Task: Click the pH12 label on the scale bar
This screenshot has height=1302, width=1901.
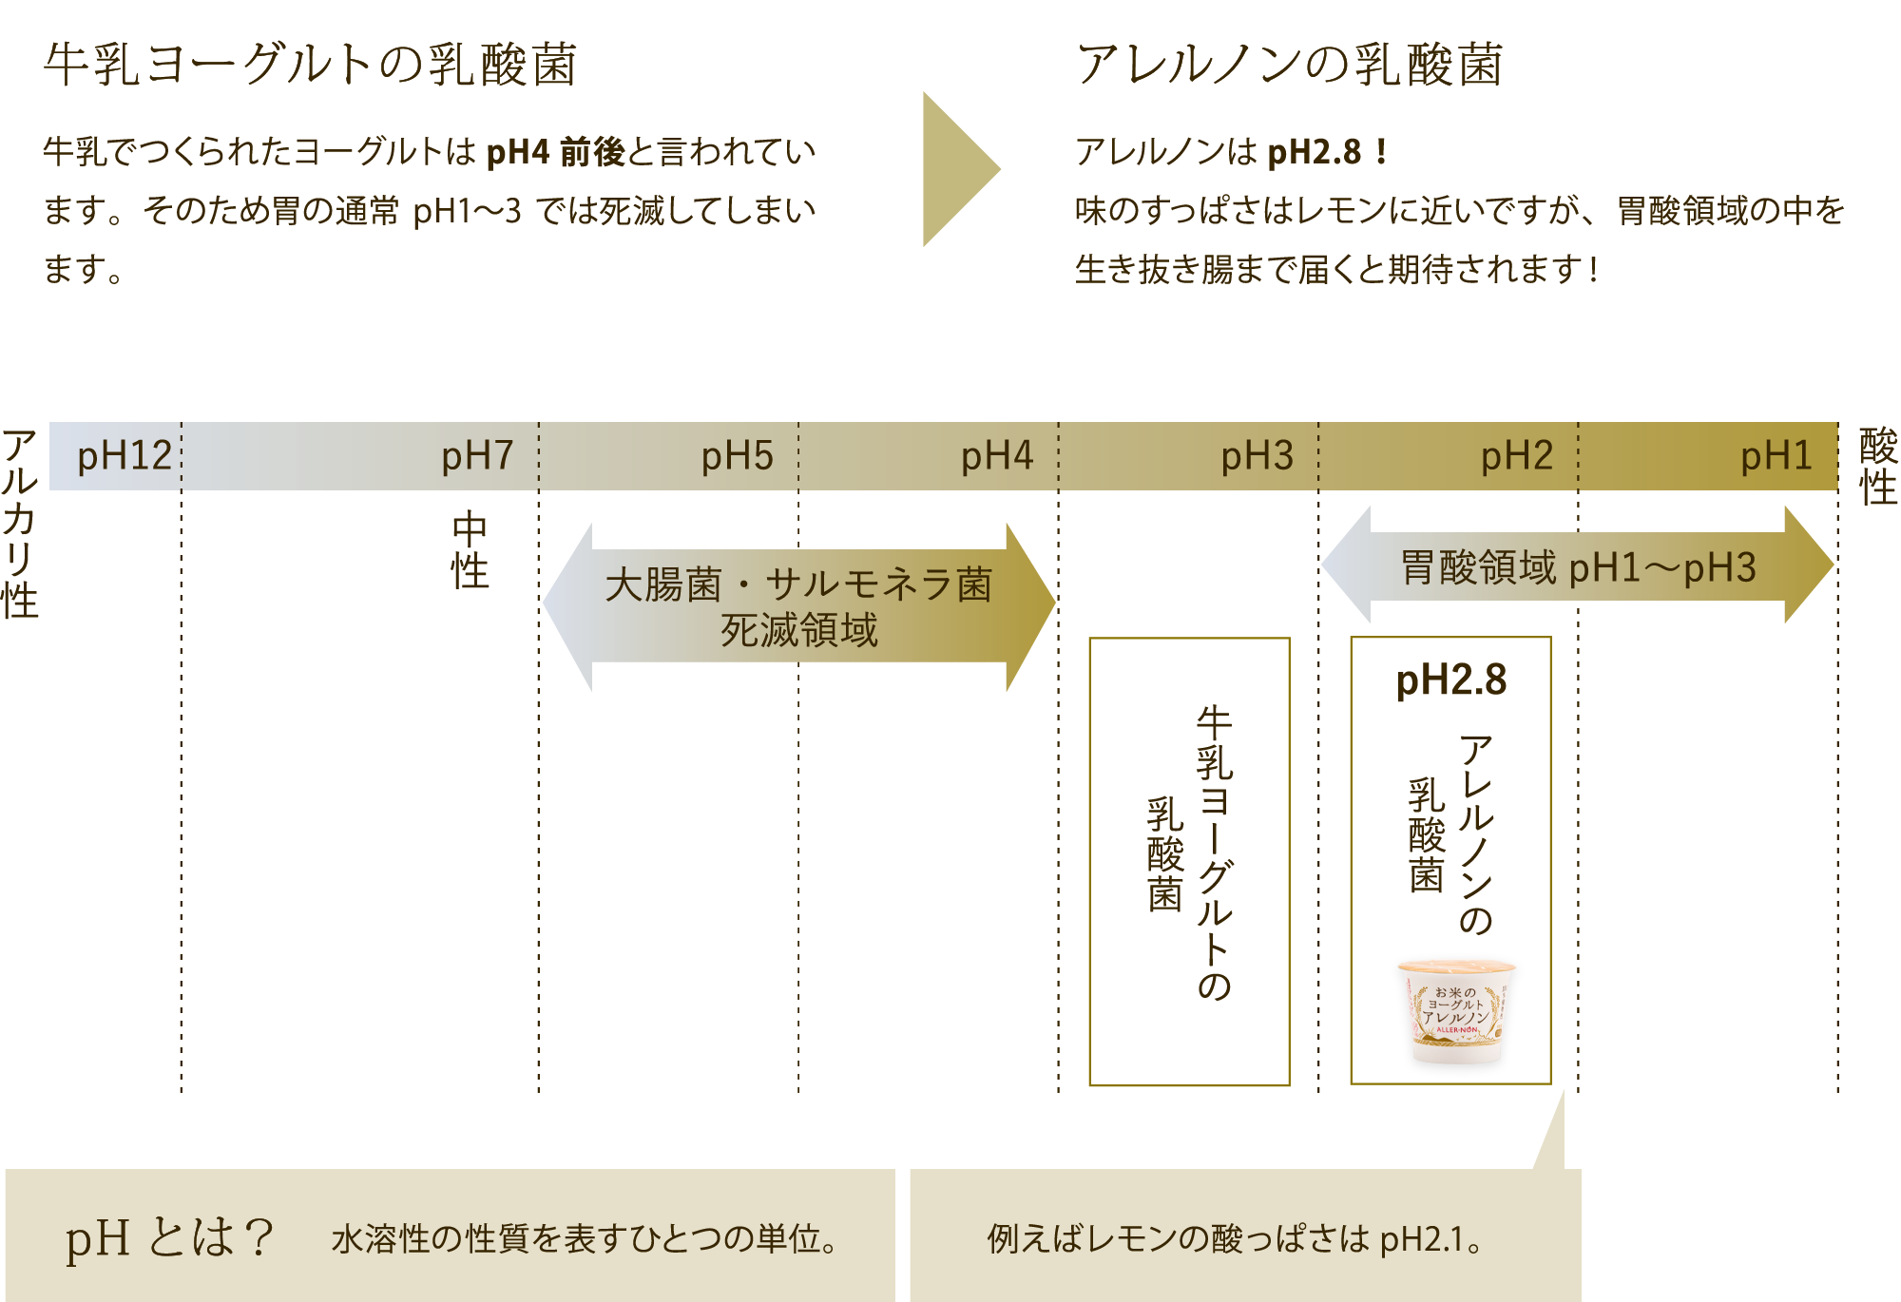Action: (x=125, y=456)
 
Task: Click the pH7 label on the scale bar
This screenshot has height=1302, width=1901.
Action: (x=477, y=456)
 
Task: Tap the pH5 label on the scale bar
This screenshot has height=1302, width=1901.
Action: (x=737, y=456)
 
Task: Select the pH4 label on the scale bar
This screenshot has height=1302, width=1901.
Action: (x=996, y=456)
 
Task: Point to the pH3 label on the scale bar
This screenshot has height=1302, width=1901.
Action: (x=1257, y=456)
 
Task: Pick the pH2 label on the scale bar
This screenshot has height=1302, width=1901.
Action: (x=1516, y=456)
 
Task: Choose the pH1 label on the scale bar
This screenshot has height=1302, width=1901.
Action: (x=1776, y=456)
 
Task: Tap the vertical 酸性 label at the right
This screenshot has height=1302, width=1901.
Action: (x=1878, y=467)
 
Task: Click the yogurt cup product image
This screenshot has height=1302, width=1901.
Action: (x=1454, y=1013)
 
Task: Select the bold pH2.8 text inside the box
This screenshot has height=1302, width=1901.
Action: (x=1450, y=680)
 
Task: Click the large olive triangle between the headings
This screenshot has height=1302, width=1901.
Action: (x=956, y=169)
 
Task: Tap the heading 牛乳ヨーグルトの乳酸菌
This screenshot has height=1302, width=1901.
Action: (x=310, y=65)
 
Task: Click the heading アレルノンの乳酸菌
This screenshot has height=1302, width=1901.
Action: (x=1289, y=65)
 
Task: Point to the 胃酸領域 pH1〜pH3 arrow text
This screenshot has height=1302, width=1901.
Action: (x=1578, y=567)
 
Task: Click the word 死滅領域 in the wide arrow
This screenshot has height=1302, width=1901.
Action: (x=798, y=630)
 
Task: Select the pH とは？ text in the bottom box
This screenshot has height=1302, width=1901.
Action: (x=169, y=1237)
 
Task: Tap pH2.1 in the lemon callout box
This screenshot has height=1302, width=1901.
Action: (x=1421, y=1239)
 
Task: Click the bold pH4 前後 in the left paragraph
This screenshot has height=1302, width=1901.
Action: (x=555, y=152)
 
